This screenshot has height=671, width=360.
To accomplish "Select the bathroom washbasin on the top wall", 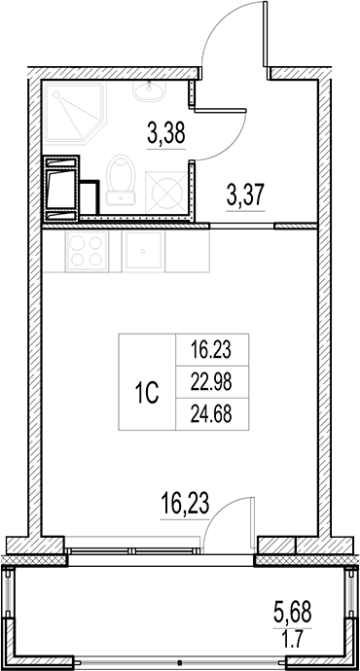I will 152,92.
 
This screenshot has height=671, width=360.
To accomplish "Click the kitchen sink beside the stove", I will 143,253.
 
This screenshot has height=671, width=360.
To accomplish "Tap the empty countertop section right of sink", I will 187,253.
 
